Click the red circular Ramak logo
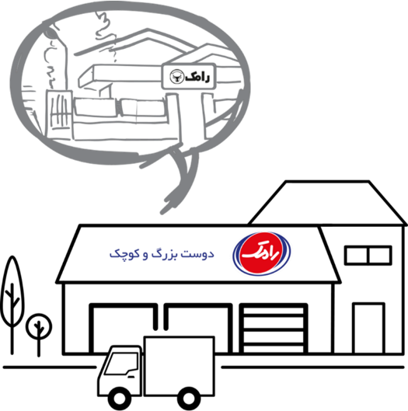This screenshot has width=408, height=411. click(x=262, y=253)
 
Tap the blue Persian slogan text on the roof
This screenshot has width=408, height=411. click(x=162, y=254)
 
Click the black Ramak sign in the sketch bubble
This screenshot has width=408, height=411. click(x=189, y=77)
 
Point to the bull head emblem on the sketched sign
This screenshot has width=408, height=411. click(x=176, y=77)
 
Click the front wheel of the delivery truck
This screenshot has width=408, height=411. click(x=120, y=399)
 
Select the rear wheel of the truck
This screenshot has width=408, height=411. click(x=188, y=399)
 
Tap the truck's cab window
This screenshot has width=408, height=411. click(x=122, y=364)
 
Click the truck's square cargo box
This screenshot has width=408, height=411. click(x=180, y=366)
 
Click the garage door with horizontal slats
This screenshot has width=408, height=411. click(x=274, y=329)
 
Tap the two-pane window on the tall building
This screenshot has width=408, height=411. click(x=368, y=256)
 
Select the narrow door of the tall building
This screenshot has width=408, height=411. click(x=368, y=328)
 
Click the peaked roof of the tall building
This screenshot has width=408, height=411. click(x=327, y=202)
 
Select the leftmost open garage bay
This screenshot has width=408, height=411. click(x=124, y=329)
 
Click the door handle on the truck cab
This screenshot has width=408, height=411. click(x=131, y=377)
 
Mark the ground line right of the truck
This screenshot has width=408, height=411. click(x=312, y=367)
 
